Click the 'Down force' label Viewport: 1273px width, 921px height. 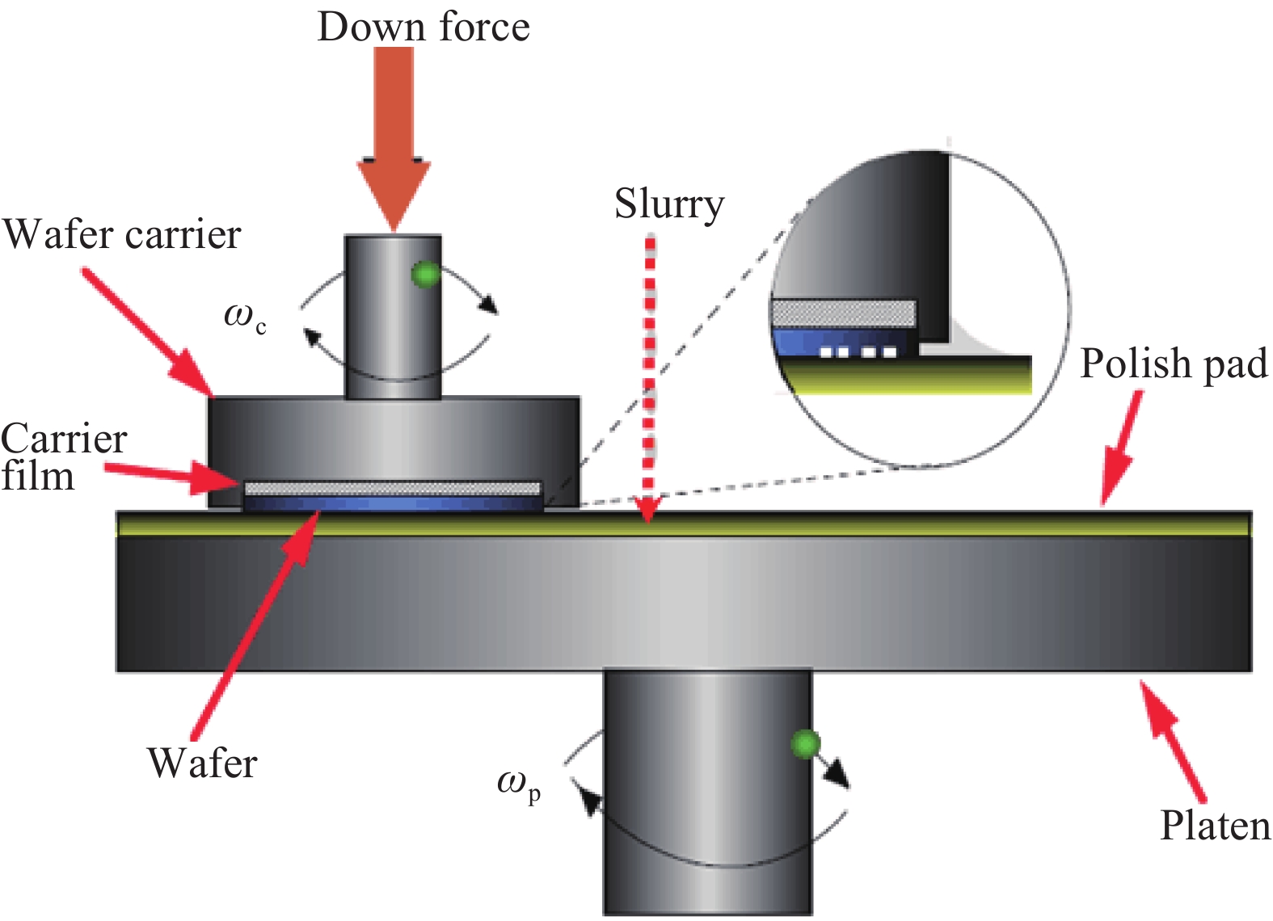(424, 27)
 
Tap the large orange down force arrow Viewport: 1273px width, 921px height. (394, 137)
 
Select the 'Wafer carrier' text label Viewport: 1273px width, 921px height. (122, 235)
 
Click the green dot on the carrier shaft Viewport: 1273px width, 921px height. (424, 275)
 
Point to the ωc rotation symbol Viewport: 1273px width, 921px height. (244, 316)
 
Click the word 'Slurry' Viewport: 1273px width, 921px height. (669, 204)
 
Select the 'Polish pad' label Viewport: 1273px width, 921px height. (1174, 364)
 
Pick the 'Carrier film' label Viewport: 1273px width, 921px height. (63, 457)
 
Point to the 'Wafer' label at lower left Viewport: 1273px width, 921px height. (202, 763)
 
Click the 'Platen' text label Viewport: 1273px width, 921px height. (1215, 826)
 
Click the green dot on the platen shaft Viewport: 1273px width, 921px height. (805, 744)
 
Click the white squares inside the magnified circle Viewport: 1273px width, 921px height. (858, 352)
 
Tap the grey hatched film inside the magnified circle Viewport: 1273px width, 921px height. (844, 313)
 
